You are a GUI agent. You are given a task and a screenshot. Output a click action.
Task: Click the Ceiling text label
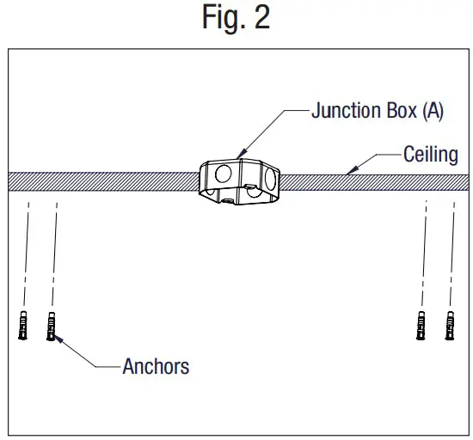[430, 156]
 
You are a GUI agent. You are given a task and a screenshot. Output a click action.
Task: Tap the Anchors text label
[156, 366]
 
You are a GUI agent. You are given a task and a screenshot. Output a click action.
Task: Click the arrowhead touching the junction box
[241, 154]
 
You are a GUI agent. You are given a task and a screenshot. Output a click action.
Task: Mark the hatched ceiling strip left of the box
[103, 180]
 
